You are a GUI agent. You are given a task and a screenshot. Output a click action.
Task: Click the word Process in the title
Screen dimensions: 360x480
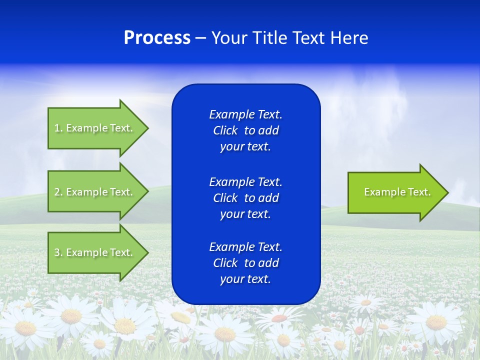157,38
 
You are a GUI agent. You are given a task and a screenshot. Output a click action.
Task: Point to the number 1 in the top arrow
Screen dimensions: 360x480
57,128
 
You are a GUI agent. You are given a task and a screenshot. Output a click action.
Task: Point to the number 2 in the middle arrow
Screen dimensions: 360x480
57,192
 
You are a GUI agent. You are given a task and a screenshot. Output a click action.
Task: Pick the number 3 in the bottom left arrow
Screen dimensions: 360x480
57,252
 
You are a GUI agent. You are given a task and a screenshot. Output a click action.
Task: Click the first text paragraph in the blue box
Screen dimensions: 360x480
245,130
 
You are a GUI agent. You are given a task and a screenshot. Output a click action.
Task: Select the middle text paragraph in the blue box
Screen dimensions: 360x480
245,198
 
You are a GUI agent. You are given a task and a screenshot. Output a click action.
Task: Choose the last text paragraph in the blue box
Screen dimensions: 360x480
245,263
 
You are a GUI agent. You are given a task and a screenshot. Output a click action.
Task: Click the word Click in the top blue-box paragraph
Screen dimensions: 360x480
225,130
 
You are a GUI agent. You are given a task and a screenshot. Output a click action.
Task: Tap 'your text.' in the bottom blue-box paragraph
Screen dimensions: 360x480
245,279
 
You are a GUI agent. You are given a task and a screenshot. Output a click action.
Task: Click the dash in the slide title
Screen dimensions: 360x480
200,38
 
